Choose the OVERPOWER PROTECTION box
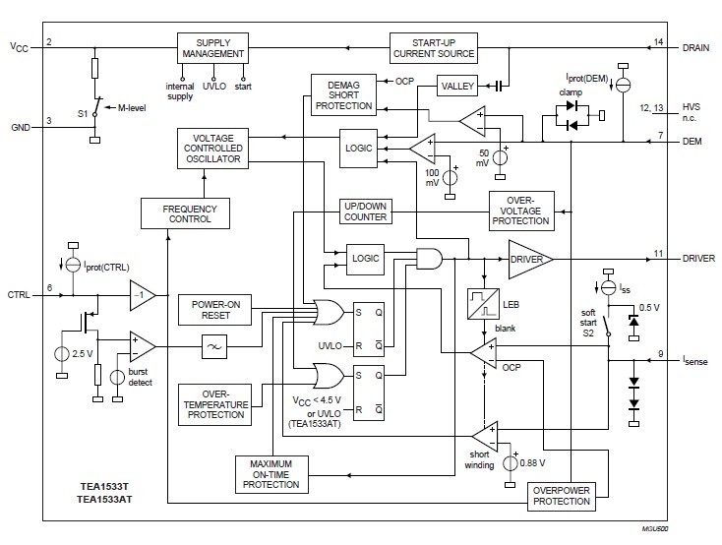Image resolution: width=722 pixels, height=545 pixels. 561,495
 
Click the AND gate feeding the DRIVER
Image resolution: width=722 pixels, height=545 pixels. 430,259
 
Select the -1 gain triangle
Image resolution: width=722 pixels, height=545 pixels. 142,294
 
